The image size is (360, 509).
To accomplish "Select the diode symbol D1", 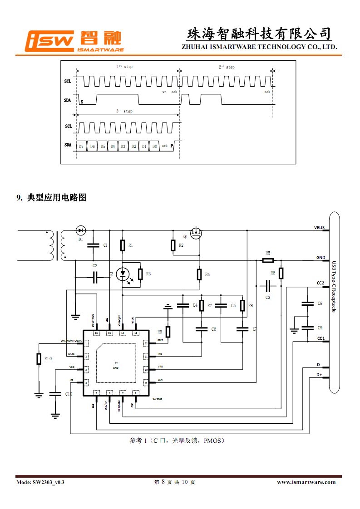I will [81, 230].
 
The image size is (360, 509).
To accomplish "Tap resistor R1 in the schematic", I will [123, 245].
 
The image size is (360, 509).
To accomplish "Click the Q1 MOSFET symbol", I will [197, 234].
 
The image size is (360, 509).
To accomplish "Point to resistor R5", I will [268, 260].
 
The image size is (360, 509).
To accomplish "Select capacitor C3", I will [268, 286].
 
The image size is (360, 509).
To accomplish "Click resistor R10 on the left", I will [39, 359].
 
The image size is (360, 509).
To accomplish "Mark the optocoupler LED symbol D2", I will [123, 274].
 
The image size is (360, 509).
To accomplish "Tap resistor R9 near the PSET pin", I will [168, 332].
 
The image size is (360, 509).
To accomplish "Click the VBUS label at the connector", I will [319, 227].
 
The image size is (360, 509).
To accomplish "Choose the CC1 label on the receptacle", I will [321, 338].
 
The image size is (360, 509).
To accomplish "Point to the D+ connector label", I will [320, 375].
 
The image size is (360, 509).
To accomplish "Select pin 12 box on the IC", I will [146, 344].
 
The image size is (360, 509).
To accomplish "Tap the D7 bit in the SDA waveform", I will [81, 147].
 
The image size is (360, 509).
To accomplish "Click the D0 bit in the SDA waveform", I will [154, 147].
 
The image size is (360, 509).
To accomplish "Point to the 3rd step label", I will [124, 111].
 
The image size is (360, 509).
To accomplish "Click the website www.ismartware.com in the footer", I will [306, 482].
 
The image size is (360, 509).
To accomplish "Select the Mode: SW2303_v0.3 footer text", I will [40, 482].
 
